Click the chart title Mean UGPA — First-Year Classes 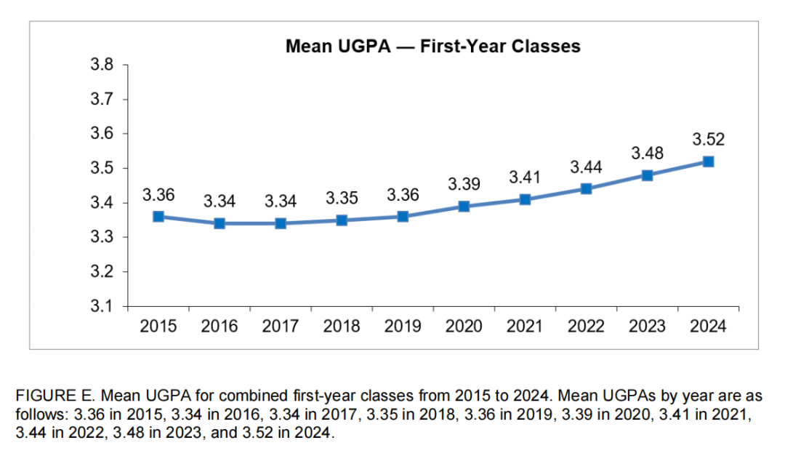point(432,47)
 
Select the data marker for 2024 point(708,161)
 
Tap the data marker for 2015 point(158,216)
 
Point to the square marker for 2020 point(464,206)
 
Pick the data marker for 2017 point(281,223)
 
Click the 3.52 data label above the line point(708,139)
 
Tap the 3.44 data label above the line point(586,167)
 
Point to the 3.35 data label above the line point(342,198)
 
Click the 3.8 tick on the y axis point(101,65)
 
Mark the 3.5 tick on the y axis point(101,169)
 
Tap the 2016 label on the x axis point(220,327)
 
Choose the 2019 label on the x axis point(403,327)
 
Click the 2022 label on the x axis point(586,327)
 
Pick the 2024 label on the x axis point(708,327)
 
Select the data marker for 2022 point(586,189)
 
